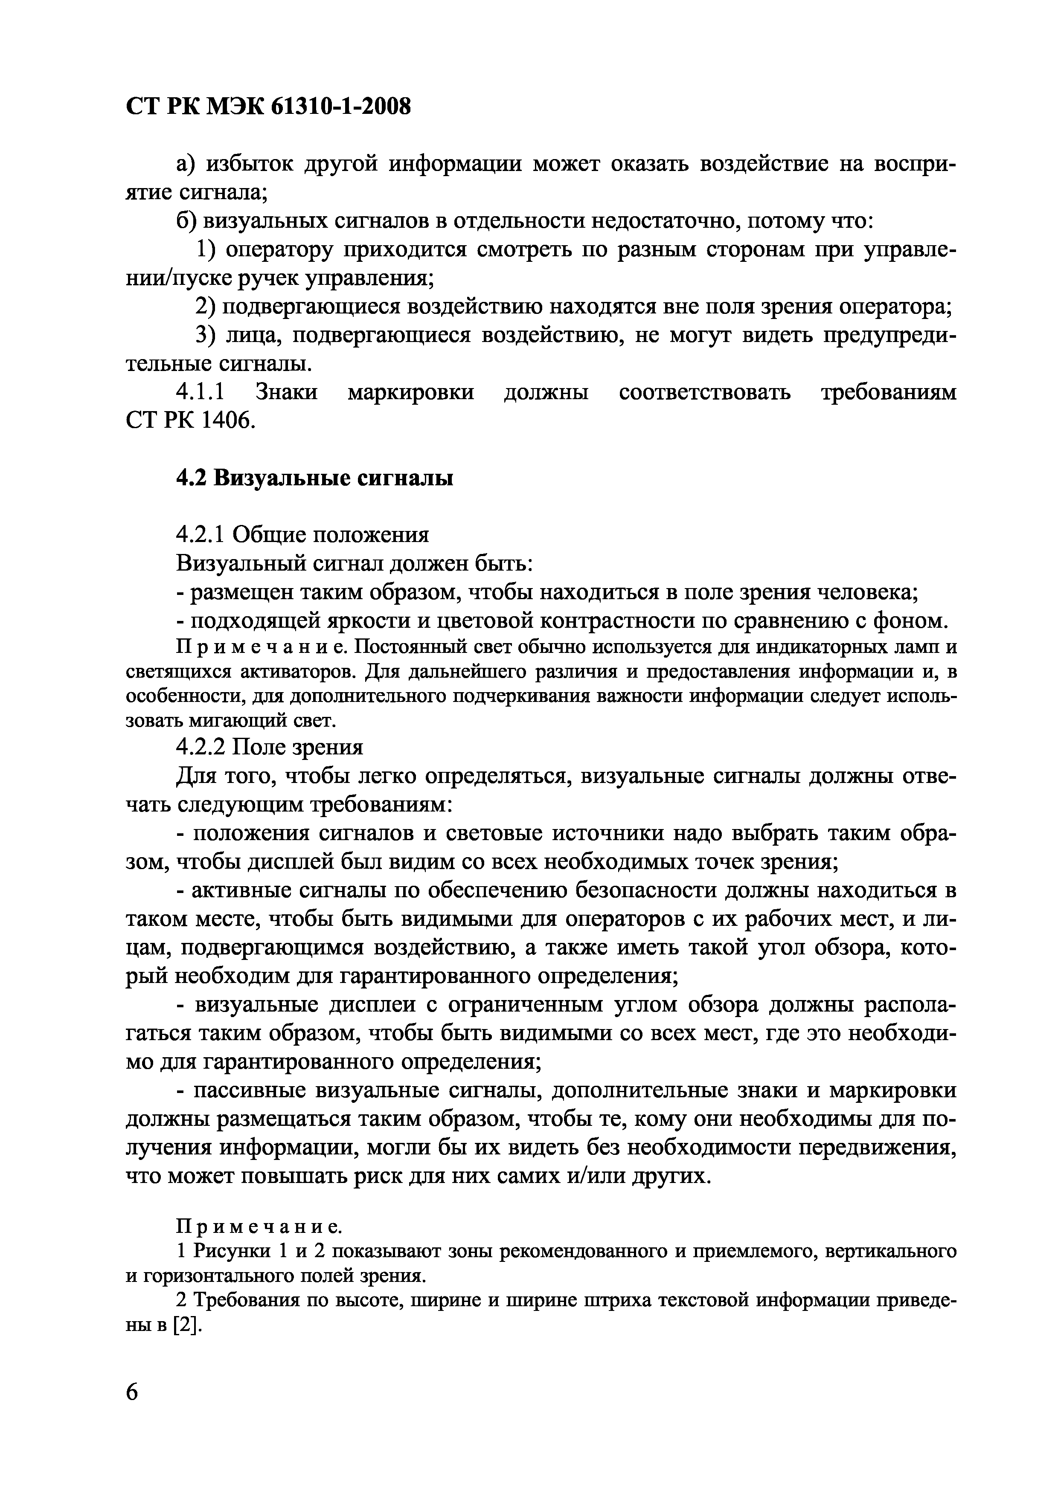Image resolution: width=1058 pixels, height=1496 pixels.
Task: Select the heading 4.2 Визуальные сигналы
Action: coord(315,478)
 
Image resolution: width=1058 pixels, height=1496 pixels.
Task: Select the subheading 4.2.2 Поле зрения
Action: coord(269,746)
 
